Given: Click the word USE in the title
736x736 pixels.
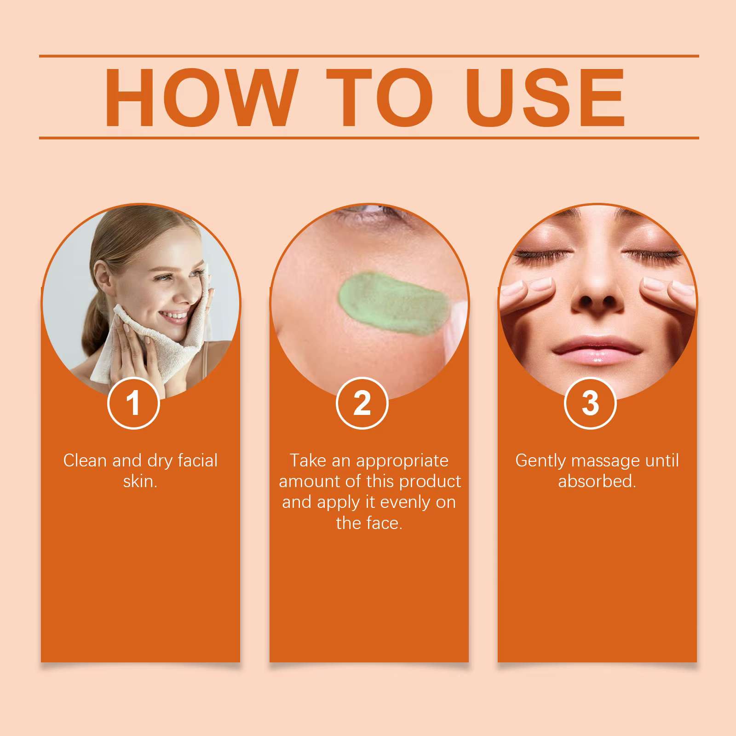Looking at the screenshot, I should [548, 97].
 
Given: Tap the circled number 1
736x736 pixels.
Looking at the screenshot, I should [133, 402].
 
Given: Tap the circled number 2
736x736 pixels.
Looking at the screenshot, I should [362, 402].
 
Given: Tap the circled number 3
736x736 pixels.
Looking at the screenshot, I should [590, 402].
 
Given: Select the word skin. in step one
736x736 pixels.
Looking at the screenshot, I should [140, 482].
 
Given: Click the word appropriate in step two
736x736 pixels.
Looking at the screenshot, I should [402, 461].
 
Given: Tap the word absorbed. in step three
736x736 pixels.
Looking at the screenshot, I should [597, 482].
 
